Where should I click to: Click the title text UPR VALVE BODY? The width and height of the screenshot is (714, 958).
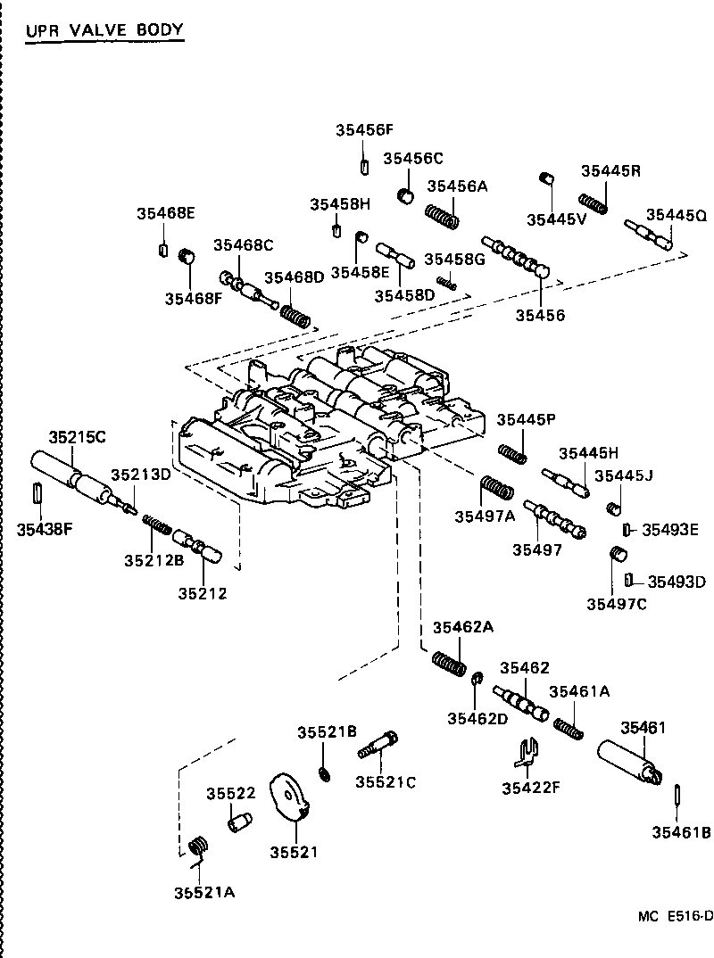(x=104, y=29)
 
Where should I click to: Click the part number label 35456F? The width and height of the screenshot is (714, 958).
(x=364, y=129)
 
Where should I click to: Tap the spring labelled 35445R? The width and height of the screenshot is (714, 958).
(x=594, y=203)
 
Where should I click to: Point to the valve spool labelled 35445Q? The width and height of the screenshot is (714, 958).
(x=649, y=235)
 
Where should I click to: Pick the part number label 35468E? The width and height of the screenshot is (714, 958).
(x=165, y=213)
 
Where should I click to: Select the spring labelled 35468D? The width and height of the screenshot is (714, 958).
(x=295, y=315)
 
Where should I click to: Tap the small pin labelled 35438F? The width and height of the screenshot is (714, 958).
(x=37, y=492)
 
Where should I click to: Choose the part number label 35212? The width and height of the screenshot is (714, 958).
(x=202, y=592)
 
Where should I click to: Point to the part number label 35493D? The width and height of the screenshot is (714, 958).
(x=676, y=582)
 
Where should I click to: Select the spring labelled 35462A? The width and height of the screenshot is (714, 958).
(x=449, y=664)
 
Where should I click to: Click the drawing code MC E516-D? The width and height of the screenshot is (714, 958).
(x=675, y=916)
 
